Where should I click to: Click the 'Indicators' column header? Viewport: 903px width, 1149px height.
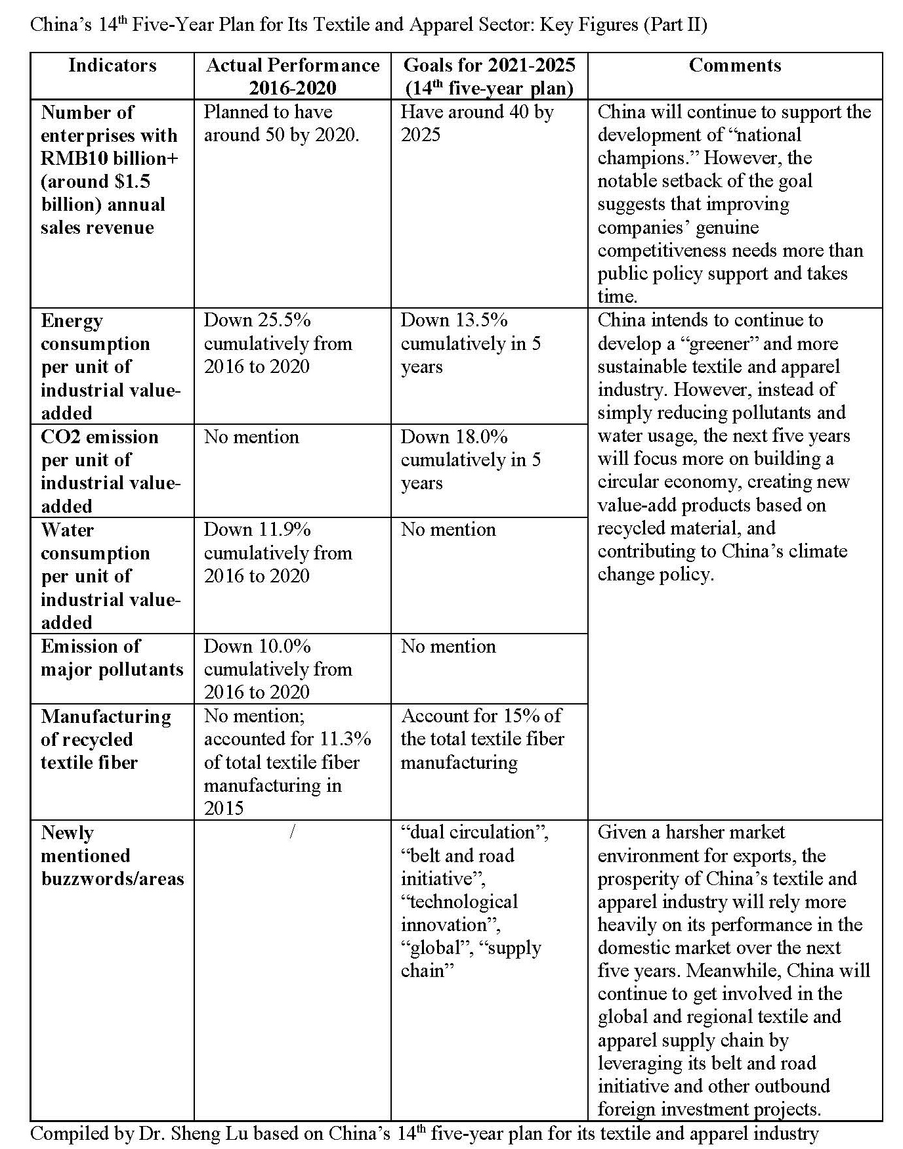(x=112, y=66)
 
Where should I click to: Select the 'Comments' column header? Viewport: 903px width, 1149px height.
(x=734, y=66)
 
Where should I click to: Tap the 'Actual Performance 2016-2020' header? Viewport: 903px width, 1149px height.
(x=292, y=76)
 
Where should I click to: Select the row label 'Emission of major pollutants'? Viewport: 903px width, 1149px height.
(x=112, y=658)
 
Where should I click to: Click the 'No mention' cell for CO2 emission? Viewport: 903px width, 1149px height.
(x=251, y=437)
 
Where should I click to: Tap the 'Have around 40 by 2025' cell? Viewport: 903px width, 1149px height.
(x=476, y=123)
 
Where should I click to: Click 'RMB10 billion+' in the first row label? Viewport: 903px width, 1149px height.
(x=110, y=159)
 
